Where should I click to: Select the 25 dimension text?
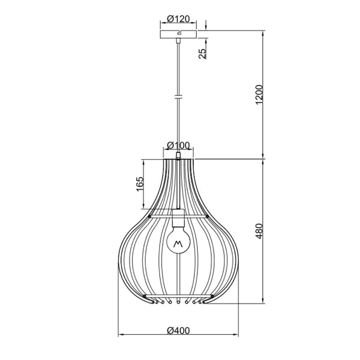(203, 53)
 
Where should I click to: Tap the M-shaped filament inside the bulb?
(178, 244)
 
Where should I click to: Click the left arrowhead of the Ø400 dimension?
(118, 335)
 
